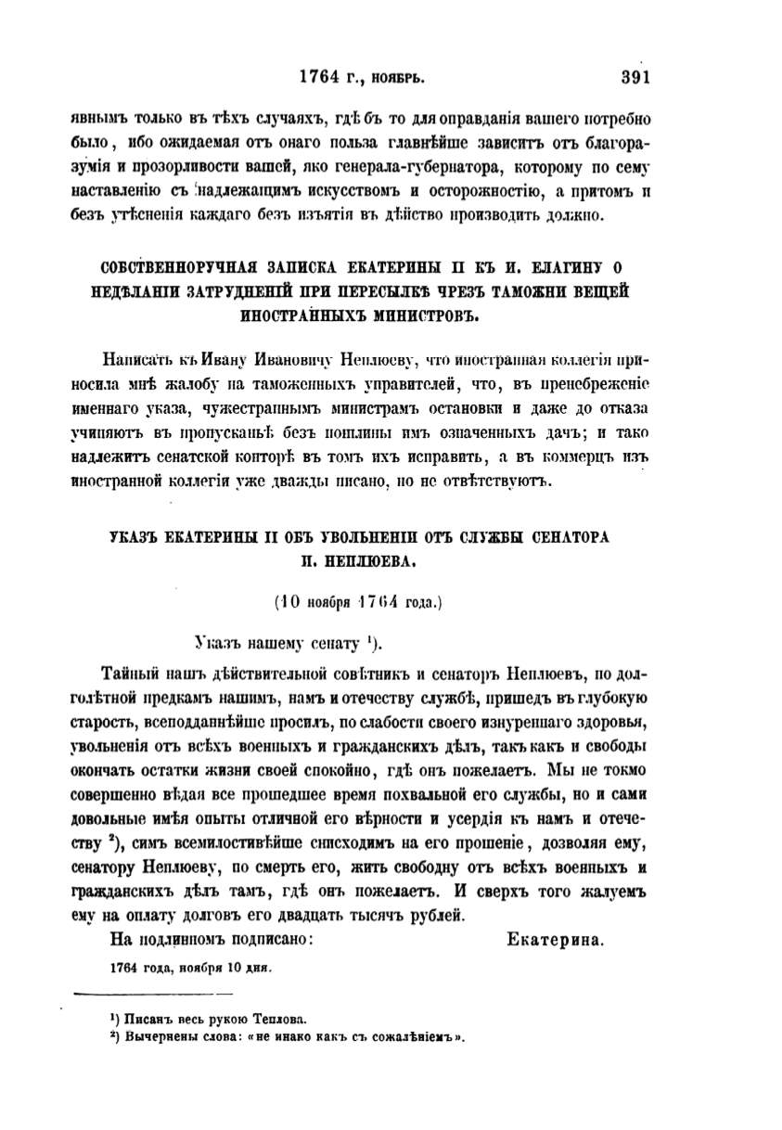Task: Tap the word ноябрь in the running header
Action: tap(397, 79)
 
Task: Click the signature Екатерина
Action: tap(557, 939)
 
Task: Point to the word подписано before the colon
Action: tap(262, 939)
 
